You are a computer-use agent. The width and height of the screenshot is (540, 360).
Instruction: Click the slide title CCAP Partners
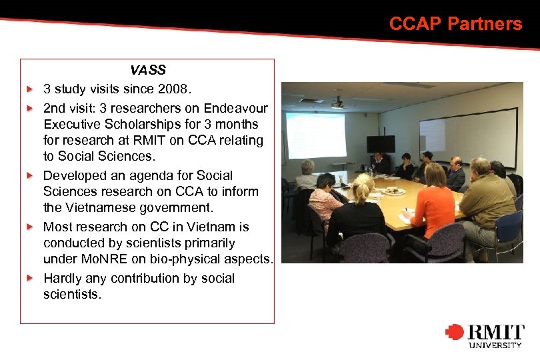click(455, 24)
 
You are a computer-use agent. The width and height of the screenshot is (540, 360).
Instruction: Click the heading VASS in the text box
click(148, 70)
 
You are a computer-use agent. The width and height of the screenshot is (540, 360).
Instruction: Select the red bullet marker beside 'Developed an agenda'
click(29, 175)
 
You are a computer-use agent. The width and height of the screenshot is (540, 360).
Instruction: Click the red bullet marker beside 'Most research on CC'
click(29, 227)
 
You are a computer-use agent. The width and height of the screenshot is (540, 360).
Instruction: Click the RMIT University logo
click(485, 335)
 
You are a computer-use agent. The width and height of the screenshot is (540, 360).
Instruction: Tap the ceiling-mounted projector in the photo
click(337, 103)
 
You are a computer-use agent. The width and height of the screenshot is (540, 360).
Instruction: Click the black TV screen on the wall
click(381, 143)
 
